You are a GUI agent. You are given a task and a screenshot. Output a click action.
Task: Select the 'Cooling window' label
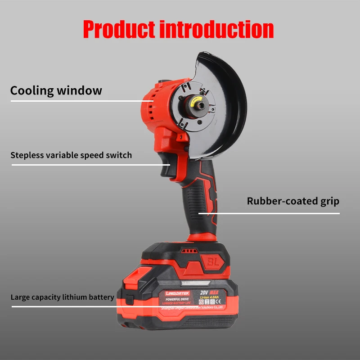[x=56, y=90]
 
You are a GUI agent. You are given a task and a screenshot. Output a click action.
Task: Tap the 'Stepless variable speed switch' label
[x=71, y=155]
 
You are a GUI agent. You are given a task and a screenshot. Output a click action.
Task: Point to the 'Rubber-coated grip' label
[x=293, y=201]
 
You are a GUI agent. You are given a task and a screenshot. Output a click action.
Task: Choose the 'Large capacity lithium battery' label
[x=63, y=297]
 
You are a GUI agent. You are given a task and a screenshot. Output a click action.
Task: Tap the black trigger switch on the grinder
[x=166, y=170]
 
